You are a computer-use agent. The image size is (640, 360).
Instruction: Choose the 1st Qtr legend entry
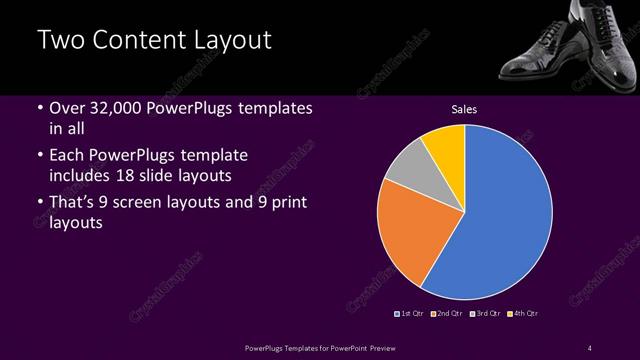(x=410, y=314)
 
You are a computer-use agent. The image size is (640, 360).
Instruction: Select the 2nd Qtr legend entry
(x=446, y=314)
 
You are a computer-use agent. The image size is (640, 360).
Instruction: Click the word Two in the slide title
(x=62, y=41)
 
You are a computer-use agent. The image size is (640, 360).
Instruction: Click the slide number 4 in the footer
(x=590, y=348)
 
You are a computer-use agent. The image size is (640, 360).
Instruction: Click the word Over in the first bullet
(x=68, y=108)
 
